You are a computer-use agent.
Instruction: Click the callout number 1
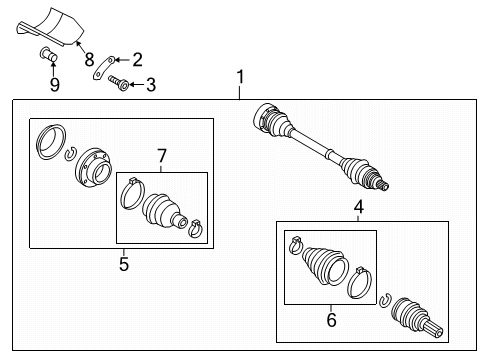click(240, 77)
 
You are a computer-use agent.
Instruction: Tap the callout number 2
click(138, 60)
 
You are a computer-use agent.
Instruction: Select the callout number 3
click(151, 85)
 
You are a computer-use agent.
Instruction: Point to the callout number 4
click(358, 207)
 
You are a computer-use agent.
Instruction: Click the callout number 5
click(124, 264)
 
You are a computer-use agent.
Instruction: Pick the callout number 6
click(331, 320)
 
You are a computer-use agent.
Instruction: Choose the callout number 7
click(162, 156)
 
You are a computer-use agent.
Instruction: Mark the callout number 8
click(89, 60)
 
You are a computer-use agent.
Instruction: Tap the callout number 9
click(55, 85)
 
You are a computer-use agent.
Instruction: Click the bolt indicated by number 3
click(119, 83)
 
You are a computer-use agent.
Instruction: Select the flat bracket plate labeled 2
click(103, 68)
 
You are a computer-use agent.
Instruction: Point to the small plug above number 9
click(48, 55)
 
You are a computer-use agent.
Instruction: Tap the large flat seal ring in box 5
click(51, 142)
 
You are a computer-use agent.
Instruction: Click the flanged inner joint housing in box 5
click(92, 168)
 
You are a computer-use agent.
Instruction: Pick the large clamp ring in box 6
click(360, 282)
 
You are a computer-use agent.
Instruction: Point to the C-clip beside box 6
click(385, 299)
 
